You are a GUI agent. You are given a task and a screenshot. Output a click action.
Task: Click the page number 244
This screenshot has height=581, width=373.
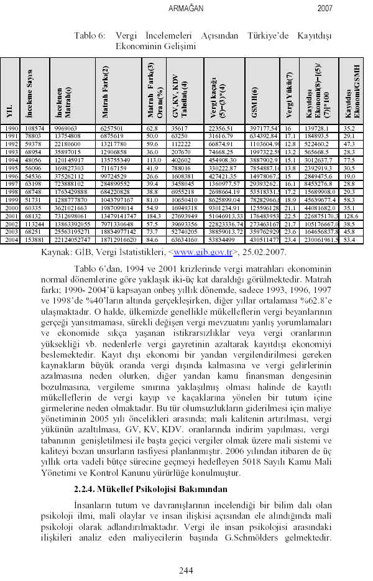point(186,570)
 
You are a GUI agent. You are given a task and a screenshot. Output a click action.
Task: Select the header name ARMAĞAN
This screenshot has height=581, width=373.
point(186,9)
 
